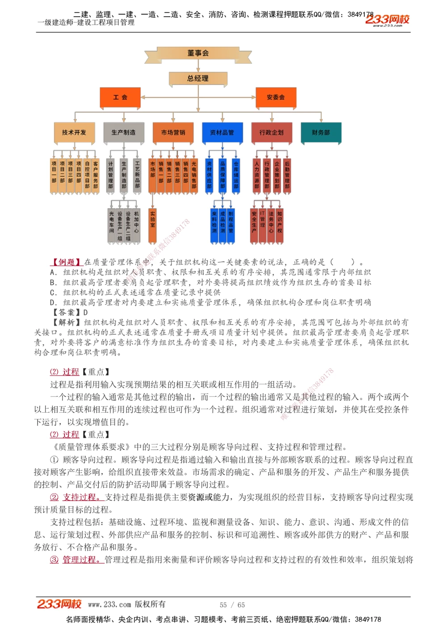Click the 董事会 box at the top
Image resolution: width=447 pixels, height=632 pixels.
coord(198,53)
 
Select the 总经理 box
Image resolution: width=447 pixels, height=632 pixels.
coord(198,79)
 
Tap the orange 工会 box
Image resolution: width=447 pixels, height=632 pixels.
coord(120,97)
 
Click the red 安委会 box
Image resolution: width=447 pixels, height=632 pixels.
coord(275,97)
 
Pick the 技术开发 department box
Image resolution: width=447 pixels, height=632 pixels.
coord(74,132)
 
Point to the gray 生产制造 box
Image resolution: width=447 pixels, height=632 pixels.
coord(123,132)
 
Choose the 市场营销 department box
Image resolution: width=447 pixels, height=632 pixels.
coord(173,132)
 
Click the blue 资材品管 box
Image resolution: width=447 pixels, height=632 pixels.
coord(222,132)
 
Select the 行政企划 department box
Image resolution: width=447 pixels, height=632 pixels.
coord(271,132)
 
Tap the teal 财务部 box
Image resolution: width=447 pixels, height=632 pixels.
coord(321,132)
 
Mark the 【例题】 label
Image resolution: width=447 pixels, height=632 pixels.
coord(66,262)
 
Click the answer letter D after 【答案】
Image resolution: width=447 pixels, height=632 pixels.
coord(86,312)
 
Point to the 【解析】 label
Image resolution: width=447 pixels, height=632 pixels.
coord(66,322)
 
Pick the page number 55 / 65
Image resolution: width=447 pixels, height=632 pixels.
coord(232,605)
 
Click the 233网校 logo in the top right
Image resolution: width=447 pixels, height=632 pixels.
coord(387,19)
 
